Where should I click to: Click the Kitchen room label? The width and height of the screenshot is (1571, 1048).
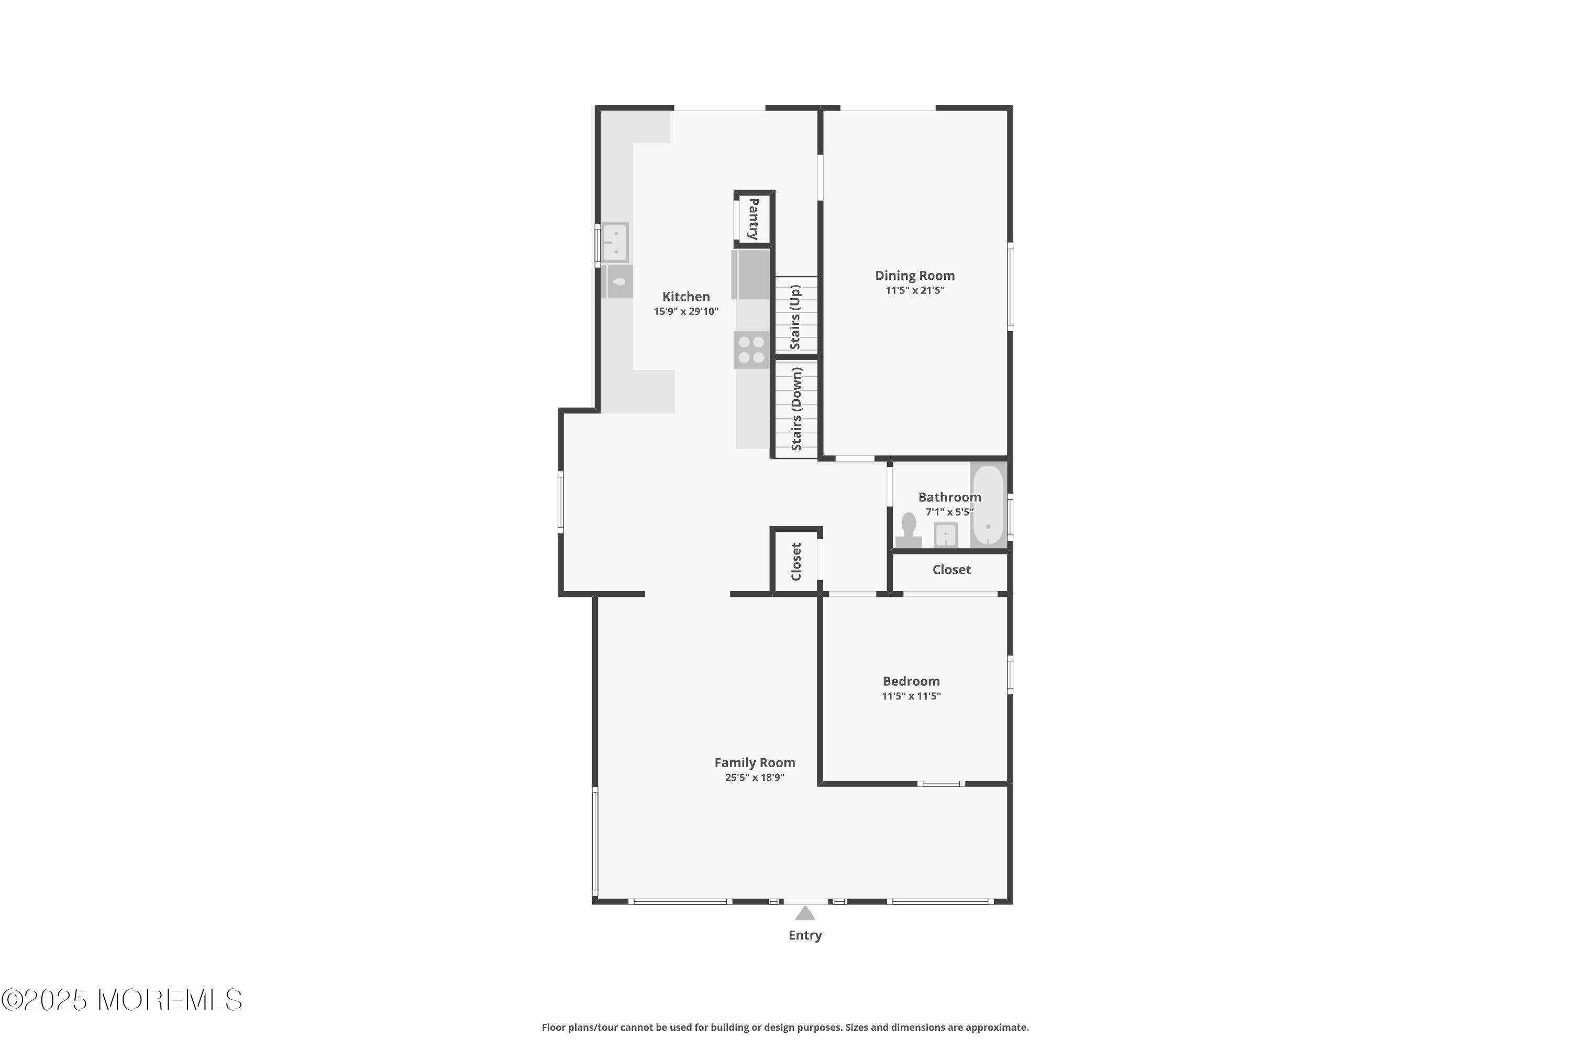(x=685, y=296)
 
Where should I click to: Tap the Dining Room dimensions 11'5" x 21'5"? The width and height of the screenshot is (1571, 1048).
(x=914, y=290)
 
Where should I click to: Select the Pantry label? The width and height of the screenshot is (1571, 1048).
(x=754, y=219)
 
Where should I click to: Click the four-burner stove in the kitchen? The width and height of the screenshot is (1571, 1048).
(x=751, y=350)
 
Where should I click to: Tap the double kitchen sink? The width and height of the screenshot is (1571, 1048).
(x=614, y=242)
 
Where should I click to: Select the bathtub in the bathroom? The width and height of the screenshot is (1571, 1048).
(x=988, y=505)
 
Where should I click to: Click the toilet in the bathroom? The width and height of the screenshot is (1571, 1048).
(x=909, y=529)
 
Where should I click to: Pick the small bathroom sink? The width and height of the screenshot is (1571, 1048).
(x=945, y=534)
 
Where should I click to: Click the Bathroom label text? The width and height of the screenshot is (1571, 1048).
(x=949, y=497)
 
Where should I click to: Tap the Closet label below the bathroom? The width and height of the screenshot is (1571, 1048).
(x=951, y=570)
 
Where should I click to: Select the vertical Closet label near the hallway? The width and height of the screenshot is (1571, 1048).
(x=795, y=561)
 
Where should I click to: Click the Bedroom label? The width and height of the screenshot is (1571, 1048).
(x=911, y=681)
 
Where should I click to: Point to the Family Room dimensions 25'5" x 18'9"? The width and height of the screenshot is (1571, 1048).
(x=754, y=777)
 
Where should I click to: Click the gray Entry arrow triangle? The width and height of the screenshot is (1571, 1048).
(x=805, y=913)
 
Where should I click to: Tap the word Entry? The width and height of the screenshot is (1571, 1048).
(x=805, y=935)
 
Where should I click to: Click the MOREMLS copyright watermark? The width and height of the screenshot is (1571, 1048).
(x=121, y=1000)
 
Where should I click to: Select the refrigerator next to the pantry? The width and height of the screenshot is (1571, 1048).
(x=751, y=274)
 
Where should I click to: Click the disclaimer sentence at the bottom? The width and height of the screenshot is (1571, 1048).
(x=785, y=1027)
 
